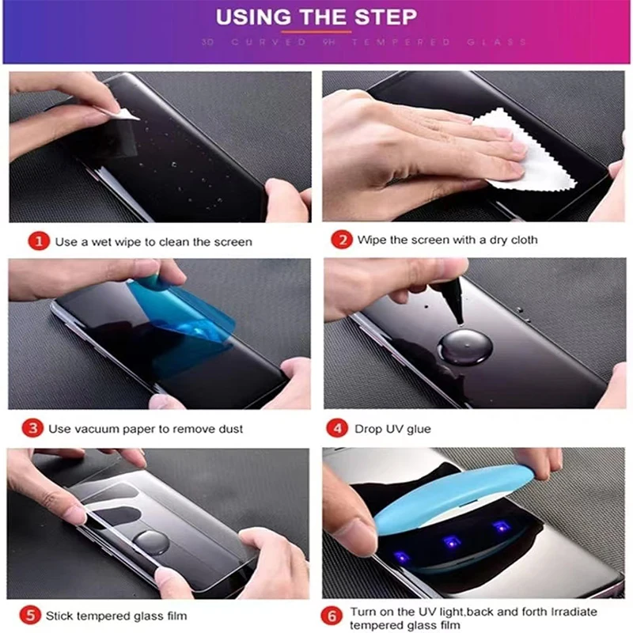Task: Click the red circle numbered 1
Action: pyautogui.click(x=39, y=241)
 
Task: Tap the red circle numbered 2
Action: pyautogui.click(x=342, y=240)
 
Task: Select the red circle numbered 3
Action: pyautogui.click(x=32, y=428)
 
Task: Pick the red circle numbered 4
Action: pyautogui.click(x=337, y=428)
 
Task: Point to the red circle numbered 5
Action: pyautogui.click(x=30, y=616)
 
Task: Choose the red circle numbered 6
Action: pyautogui.click(x=332, y=616)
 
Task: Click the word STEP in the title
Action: pyautogui.click(x=385, y=17)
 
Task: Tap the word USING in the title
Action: pyautogui.click(x=253, y=17)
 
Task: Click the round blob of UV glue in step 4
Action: pyautogui.click(x=465, y=347)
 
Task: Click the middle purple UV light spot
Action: pyautogui.click(x=452, y=542)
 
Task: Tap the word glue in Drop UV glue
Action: pyautogui.click(x=419, y=429)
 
